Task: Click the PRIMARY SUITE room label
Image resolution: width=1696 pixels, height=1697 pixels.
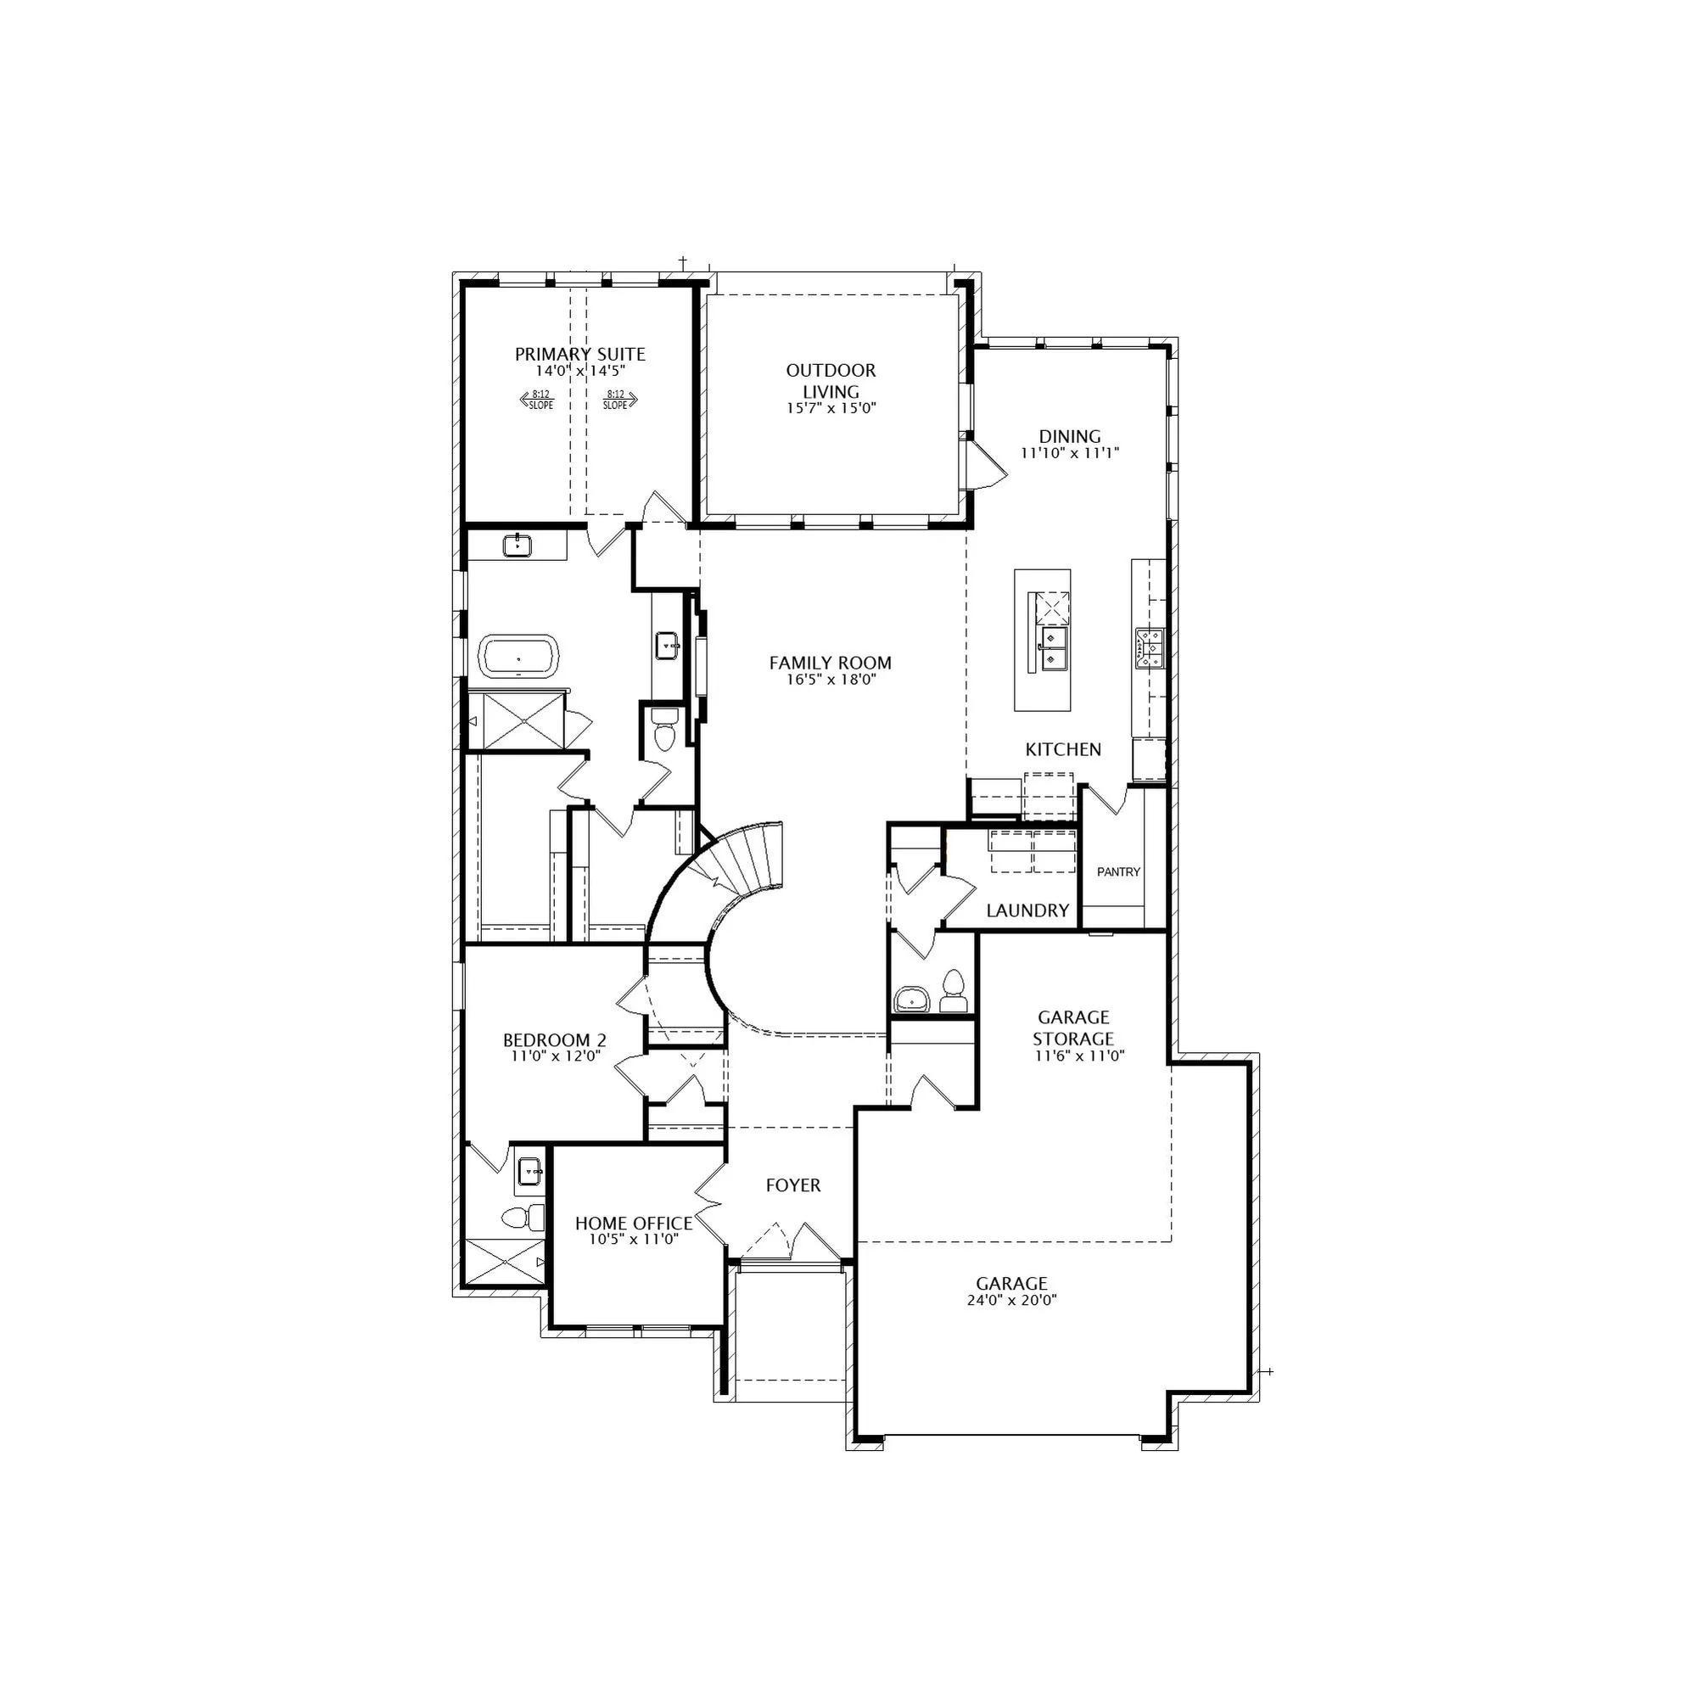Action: coord(579,354)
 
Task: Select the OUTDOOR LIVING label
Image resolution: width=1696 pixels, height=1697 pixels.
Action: coord(831,380)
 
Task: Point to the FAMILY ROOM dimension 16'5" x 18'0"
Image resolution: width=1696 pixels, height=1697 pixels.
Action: coord(830,679)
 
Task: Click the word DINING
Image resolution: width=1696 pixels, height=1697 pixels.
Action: coord(1070,436)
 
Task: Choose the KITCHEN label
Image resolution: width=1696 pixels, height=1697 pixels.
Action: coord(1064,749)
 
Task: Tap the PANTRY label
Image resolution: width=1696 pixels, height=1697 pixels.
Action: coord(1118,872)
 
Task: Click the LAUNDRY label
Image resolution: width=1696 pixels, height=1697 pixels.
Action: coord(1027,910)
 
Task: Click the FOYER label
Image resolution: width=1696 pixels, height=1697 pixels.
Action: coord(793,1186)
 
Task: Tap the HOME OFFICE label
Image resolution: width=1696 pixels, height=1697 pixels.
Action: coord(633,1224)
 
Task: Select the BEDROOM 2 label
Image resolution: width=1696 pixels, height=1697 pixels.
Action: coord(554,1041)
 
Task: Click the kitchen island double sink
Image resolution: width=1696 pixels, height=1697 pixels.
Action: coord(1053,648)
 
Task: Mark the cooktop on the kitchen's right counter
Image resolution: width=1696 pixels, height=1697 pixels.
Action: coord(1150,647)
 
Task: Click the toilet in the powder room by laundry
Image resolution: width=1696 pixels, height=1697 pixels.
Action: coord(952,992)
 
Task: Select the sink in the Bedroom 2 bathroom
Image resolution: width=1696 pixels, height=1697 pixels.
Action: coord(529,1171)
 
